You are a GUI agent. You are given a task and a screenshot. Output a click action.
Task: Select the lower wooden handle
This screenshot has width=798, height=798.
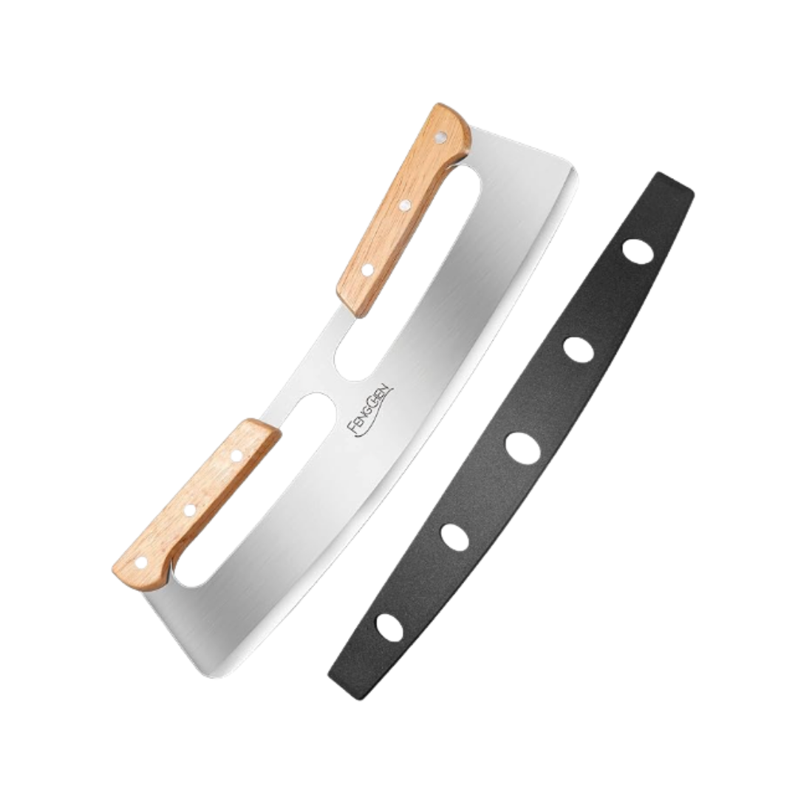coord(194,502)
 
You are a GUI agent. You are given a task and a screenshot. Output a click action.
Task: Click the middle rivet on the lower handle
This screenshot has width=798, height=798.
coord(190,508)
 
